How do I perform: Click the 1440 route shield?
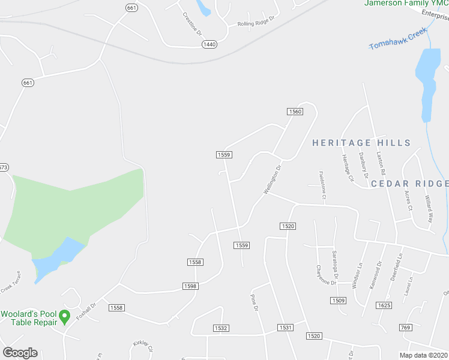click(x=209, y=44)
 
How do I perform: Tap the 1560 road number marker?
click(x=294, y=112)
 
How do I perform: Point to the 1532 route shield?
click(x=221, y=328)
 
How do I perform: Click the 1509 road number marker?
click(x=338, y=300)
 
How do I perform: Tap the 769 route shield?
click(x=406, y=327)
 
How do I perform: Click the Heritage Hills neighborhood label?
click(x=361, y=143)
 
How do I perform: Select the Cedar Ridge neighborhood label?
click(x=409, y=184)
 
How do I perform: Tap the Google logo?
click(x=20, y=353)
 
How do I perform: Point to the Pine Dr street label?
click(x=254, y=302)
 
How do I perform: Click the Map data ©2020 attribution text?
click(x=424, y=355)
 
